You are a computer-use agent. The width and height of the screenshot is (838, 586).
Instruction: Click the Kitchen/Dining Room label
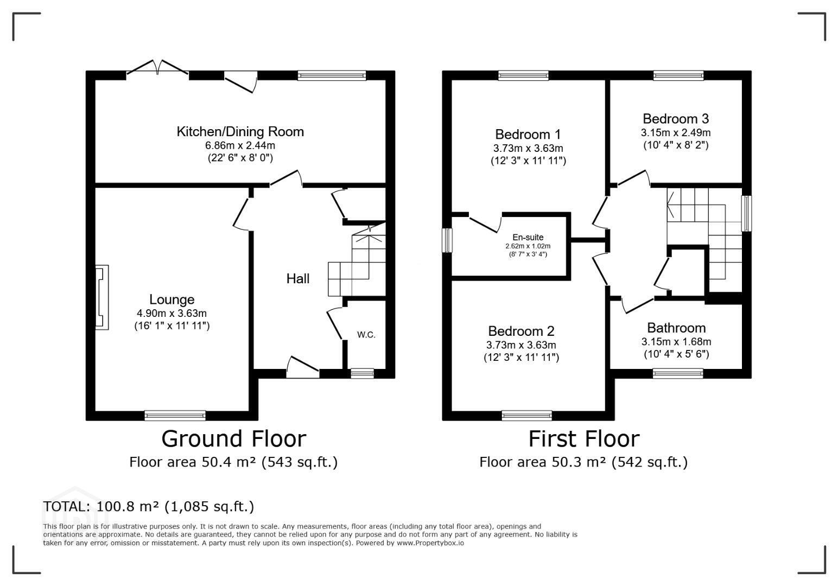pyautogui.click(x=240, y=132)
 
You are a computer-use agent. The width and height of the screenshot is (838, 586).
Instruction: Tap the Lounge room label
pyautogui.click(x=172, y=299)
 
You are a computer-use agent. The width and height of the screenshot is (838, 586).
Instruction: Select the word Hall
pyautogui.click(x=298, y=278)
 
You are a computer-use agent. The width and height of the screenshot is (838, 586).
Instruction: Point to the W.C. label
pyautogui.click(x=366, y=335)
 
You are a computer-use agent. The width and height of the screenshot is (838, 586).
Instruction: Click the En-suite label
pyautogui.click(x=528, y=237)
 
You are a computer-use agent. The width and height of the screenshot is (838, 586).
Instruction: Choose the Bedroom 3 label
pyautogui.click(x=676, y=118)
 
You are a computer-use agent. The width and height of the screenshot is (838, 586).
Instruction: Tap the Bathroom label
pyautogui.click(x=676, y=328)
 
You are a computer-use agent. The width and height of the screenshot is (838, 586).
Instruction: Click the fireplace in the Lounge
pyautogui.click(x=101, y=297)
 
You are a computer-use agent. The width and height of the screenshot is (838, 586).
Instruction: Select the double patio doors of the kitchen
pyautogui.click(x=157, y=67)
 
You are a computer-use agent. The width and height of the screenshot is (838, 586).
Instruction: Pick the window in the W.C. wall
pyautogui.click(x=362, y=373)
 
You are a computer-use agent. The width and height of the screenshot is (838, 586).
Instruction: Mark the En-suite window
pyautogui.click(x=447, y=240)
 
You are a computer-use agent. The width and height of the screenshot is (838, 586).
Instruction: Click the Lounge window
pyautogui.click(x=175, y=415)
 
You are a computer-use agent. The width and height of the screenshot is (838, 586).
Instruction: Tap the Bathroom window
pyautogui.click(x=678, y=373)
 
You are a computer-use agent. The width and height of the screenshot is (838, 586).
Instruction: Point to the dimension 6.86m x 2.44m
pyautogui.click(x=240, y=145)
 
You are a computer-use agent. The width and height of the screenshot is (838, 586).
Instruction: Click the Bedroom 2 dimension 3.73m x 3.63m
pyautogui.click(x=521, y=345)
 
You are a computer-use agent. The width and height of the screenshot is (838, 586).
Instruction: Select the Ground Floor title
pyautogui.click(x=234, y=438)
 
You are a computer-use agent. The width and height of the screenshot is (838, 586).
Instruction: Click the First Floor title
pyautogui.click(x=583, y=438)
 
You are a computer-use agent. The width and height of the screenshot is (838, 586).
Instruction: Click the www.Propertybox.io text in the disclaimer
pyautogui.click(x=430, y=543)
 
